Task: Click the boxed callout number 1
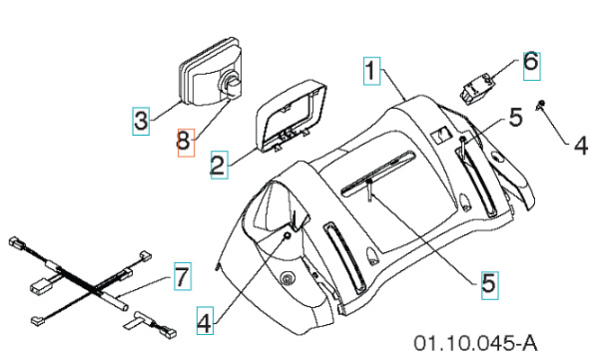(x=369, y=71)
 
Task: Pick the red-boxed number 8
(x=183, y=143)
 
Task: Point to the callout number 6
(x=530, y=61)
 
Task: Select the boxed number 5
(x=488, y=283)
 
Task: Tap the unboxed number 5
(x=514, y=118)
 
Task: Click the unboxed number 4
(x=580, y=146)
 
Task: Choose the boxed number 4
(x=204, y=321)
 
